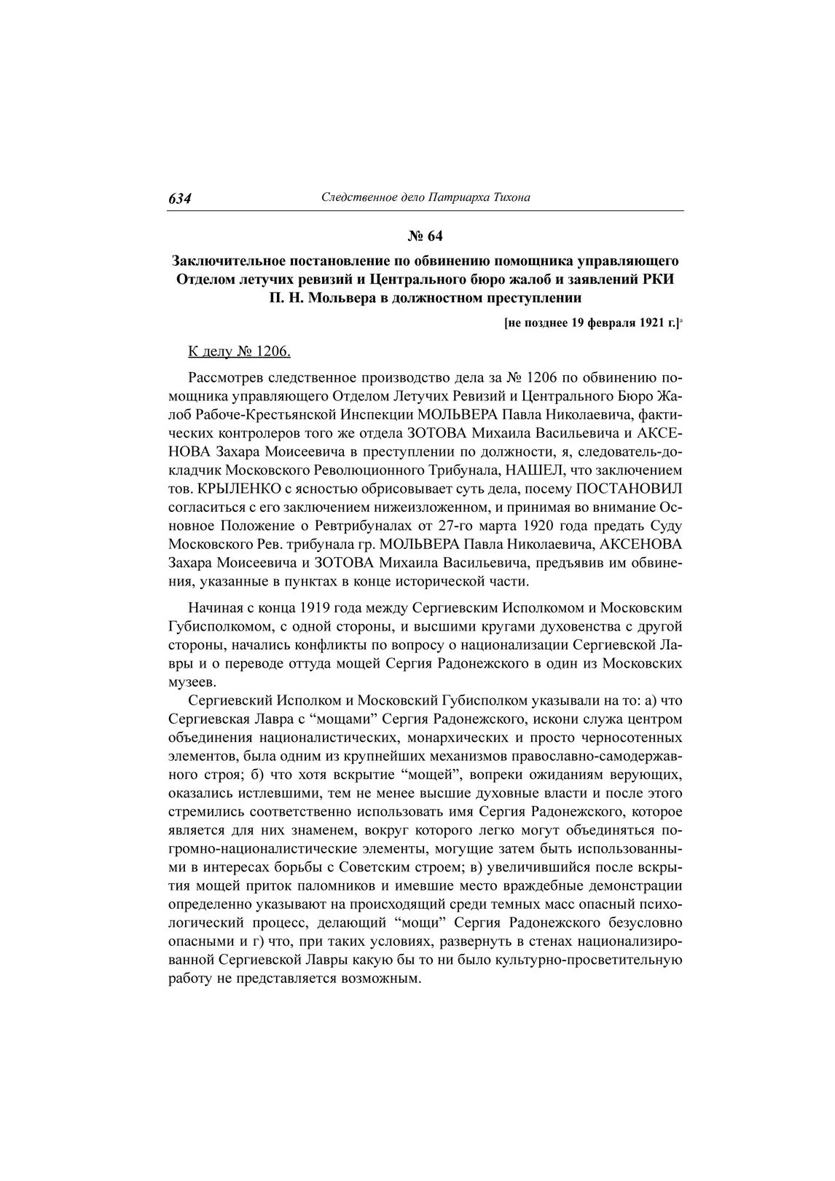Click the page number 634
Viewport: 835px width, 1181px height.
[x=179, y=198]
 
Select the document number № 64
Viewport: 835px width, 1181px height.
[x=425, y=236]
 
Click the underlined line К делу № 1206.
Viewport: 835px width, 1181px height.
[x=239, y=352]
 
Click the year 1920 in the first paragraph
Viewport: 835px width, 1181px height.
[x=546, y=526]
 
